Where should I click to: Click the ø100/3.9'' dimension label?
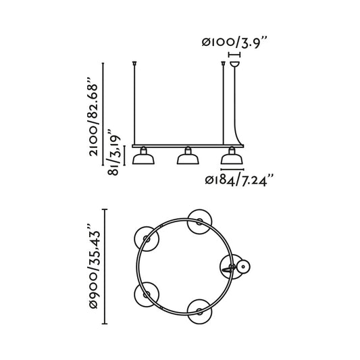pyautogui.click(x=235, y=42)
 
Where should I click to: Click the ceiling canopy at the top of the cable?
pyautogui.click(x=235, y=65)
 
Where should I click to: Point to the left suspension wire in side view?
pyautogui.click(x=135, y=105)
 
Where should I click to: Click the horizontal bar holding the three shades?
pyautogui.click(x=186, y=145)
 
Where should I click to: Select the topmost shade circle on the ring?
pyautogui.click(x=199, y=220)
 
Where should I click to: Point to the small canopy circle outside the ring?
pyautogui.click(x=242, y=267)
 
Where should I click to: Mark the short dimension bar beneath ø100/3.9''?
pyautogui.click(x=235, y=55)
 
